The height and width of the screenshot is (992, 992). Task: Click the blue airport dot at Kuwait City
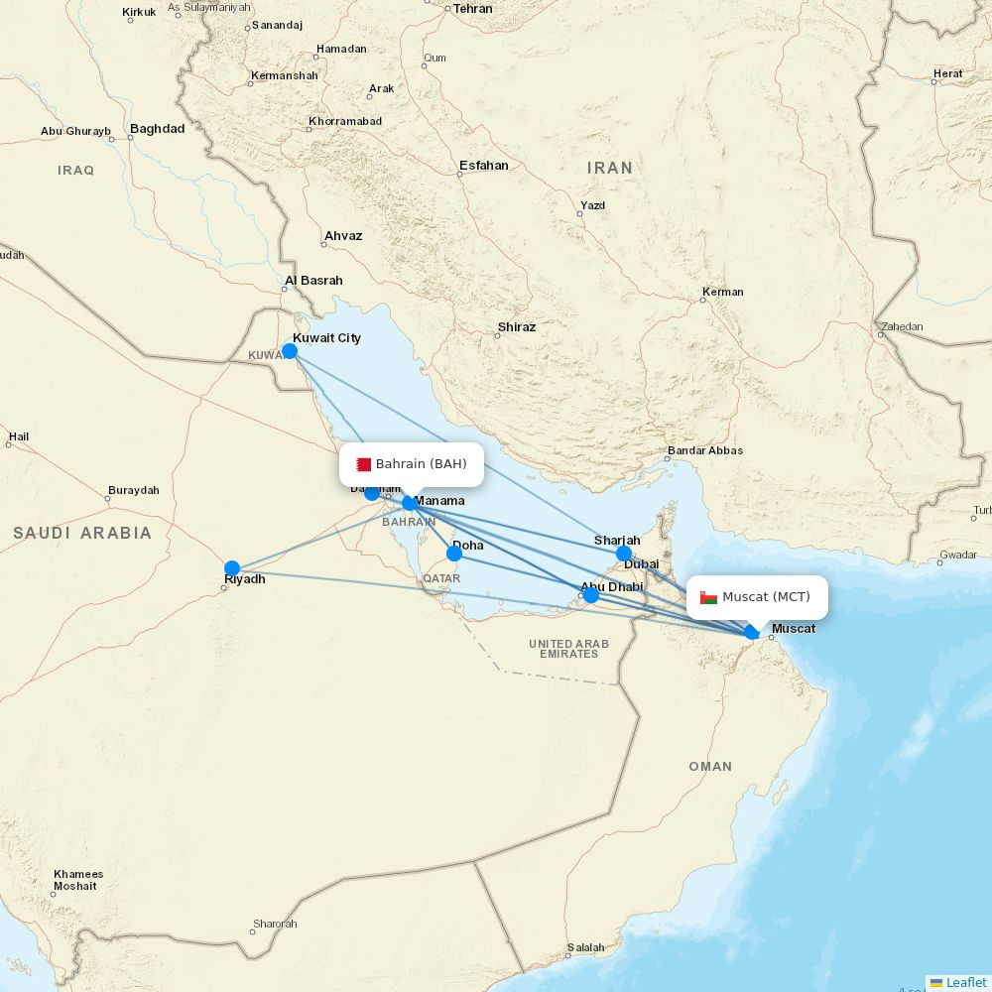[x=290, y=350]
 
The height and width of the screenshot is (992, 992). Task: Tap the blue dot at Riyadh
[x=232, y=568]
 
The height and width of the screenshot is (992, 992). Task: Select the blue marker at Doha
[x=454, y=553]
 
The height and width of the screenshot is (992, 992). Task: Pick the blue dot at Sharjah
[x=623, y=554]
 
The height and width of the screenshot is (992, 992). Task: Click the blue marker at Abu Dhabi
[x=591, y=595]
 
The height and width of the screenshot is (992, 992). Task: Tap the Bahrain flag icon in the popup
[x=364, y=464]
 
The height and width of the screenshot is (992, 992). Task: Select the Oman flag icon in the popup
[x=708, y=597]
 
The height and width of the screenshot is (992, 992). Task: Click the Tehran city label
[x=472, y=9]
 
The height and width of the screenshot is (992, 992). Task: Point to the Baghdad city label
[x=157, y=129]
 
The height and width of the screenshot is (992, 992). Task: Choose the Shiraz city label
[x=517, y=327]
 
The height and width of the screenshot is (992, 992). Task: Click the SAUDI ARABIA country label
[x=82, y=534]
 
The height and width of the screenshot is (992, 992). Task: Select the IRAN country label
[x=609, y=169]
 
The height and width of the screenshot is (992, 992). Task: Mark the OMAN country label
[x=710, y=767]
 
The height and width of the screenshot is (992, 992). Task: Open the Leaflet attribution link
[x=965, y=982]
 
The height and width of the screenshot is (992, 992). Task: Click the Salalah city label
[x=585, y=948]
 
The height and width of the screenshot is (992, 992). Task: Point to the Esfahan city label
[x=484, y=166]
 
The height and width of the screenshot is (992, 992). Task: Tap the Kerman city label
[x=722, y=292]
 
